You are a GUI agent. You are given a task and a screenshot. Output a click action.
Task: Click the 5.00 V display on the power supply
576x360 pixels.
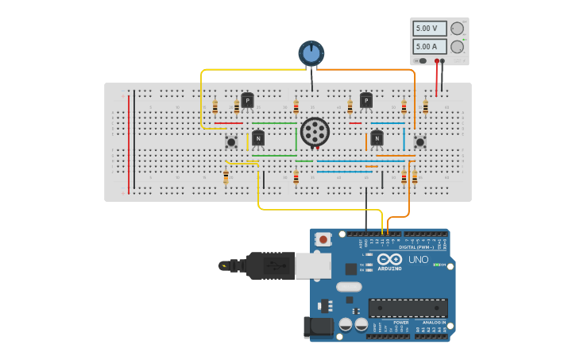point(429,28)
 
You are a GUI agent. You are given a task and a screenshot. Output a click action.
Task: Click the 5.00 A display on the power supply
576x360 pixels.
point(429,46)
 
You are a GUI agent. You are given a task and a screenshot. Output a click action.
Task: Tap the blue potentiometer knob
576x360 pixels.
point(311,53)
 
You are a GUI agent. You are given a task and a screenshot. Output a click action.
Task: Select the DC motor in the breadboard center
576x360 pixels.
point(315,132)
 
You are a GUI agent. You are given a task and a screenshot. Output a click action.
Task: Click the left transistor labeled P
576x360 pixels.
point(247,100)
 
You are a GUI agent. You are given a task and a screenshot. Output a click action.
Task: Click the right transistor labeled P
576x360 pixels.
point(365,100)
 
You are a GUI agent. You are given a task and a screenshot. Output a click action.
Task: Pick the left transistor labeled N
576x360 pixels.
point(258,137)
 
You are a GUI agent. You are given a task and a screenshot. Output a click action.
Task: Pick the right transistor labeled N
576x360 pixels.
point(377,137)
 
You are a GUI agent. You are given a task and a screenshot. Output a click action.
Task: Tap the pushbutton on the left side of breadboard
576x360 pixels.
point(231,142)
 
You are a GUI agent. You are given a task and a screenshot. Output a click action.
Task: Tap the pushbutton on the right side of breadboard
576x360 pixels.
point(419,141)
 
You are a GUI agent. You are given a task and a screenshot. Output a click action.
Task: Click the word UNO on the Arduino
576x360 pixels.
point(418,260)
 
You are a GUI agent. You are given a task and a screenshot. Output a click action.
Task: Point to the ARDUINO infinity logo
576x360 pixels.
point(389,260)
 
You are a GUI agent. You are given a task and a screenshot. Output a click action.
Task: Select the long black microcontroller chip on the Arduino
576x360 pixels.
point(408,308)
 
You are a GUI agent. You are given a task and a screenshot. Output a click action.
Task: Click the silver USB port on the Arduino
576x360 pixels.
point(313,265)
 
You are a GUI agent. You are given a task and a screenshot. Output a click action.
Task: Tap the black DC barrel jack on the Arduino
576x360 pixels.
point(318,327)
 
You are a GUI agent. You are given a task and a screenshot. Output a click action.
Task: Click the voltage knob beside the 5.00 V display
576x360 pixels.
point(457,29)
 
